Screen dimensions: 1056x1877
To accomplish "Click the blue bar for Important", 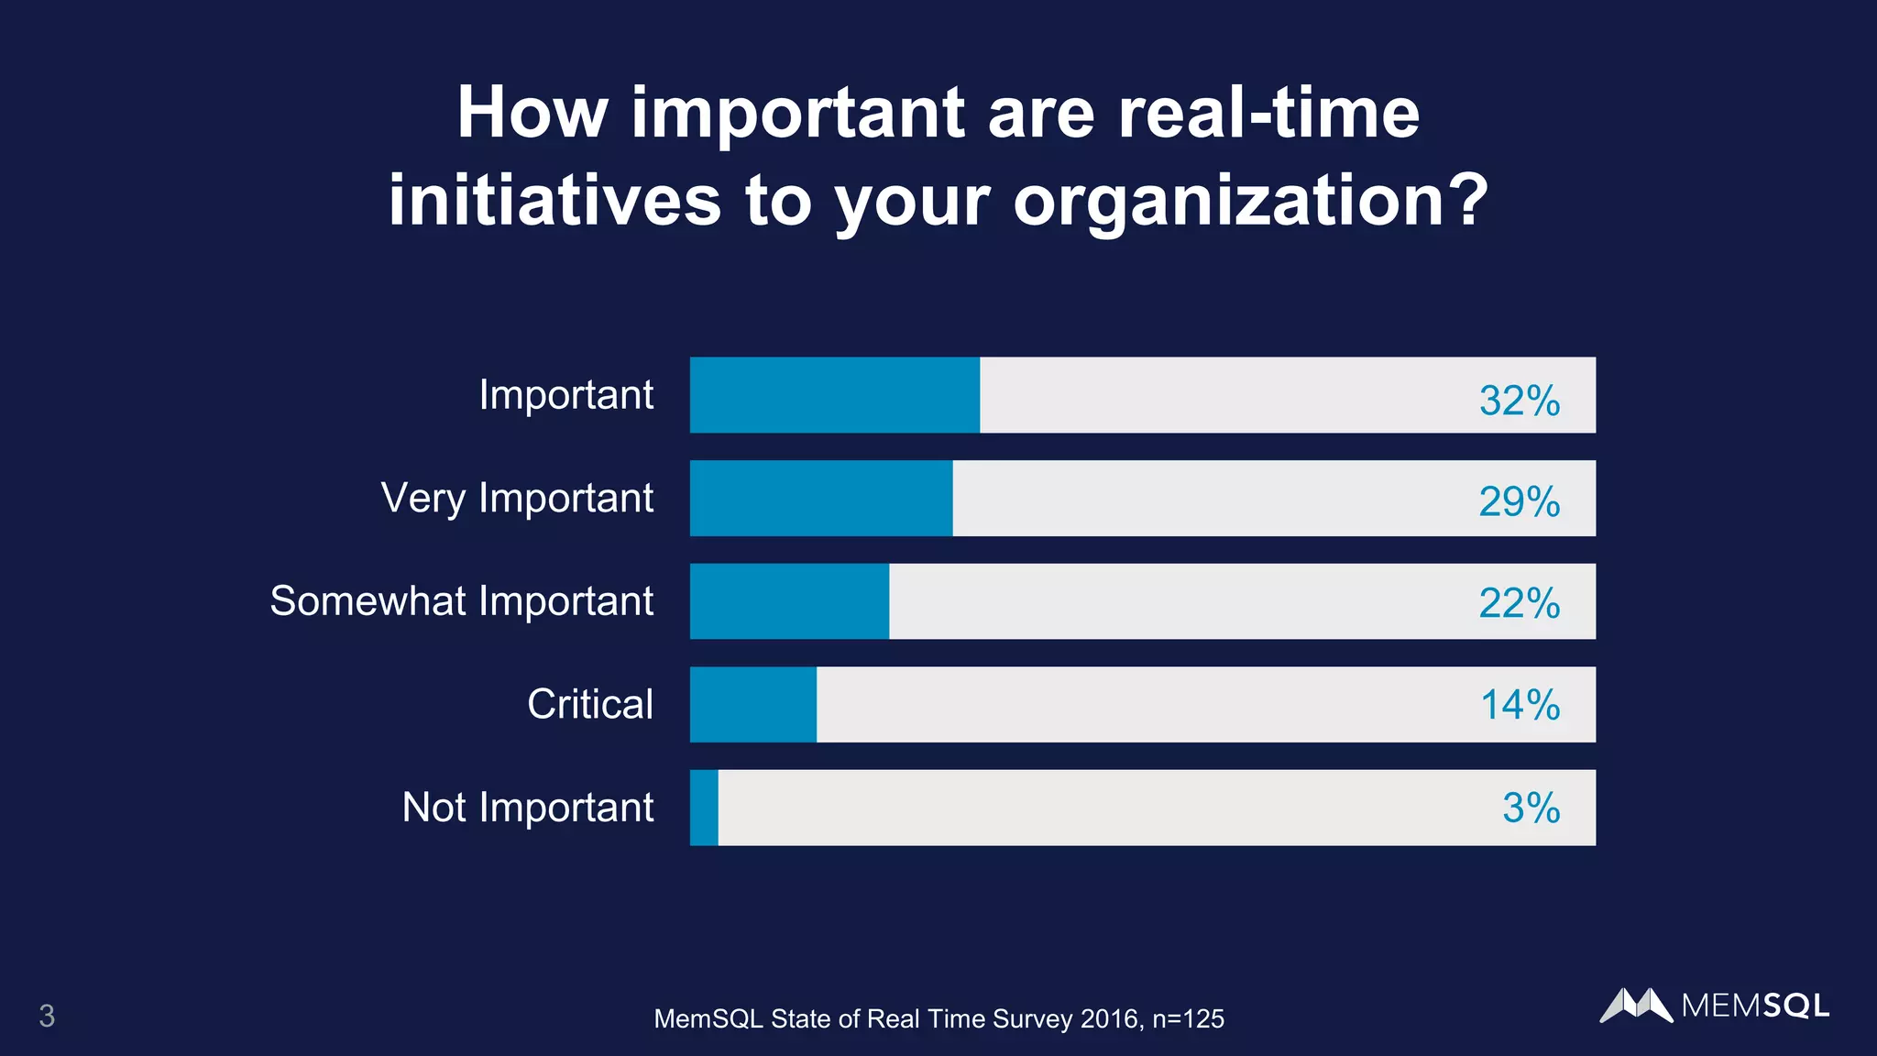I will (834, 395).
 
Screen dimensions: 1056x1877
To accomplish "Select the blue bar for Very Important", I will (821, 498).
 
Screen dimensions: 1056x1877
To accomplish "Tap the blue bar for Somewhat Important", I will (789, 601).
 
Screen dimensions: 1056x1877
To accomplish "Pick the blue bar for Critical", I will (753, 704).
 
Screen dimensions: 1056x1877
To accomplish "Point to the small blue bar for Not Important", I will (704, 808).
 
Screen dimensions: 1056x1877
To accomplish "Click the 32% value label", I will (1519, 401).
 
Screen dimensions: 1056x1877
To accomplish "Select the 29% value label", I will (1519, 501).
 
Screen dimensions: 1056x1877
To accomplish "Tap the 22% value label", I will (1519, 603).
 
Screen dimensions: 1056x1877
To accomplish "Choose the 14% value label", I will (1520, 705).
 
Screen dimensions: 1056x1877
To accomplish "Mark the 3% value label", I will (1531, 808).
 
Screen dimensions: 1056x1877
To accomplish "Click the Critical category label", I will (590, 704).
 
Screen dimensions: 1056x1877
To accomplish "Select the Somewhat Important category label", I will (461, 601).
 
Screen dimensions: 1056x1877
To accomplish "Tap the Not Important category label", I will (528, 808).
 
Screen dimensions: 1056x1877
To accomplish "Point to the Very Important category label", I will (517, 499).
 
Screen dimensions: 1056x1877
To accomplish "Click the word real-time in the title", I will (1268, 113).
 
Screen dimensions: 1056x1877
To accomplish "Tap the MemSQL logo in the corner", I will (1714, 1006).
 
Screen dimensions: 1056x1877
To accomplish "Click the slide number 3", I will (47, 1016).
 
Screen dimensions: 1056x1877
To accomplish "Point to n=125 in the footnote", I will (1188, 1018).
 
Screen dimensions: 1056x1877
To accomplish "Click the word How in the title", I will (532, 113).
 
